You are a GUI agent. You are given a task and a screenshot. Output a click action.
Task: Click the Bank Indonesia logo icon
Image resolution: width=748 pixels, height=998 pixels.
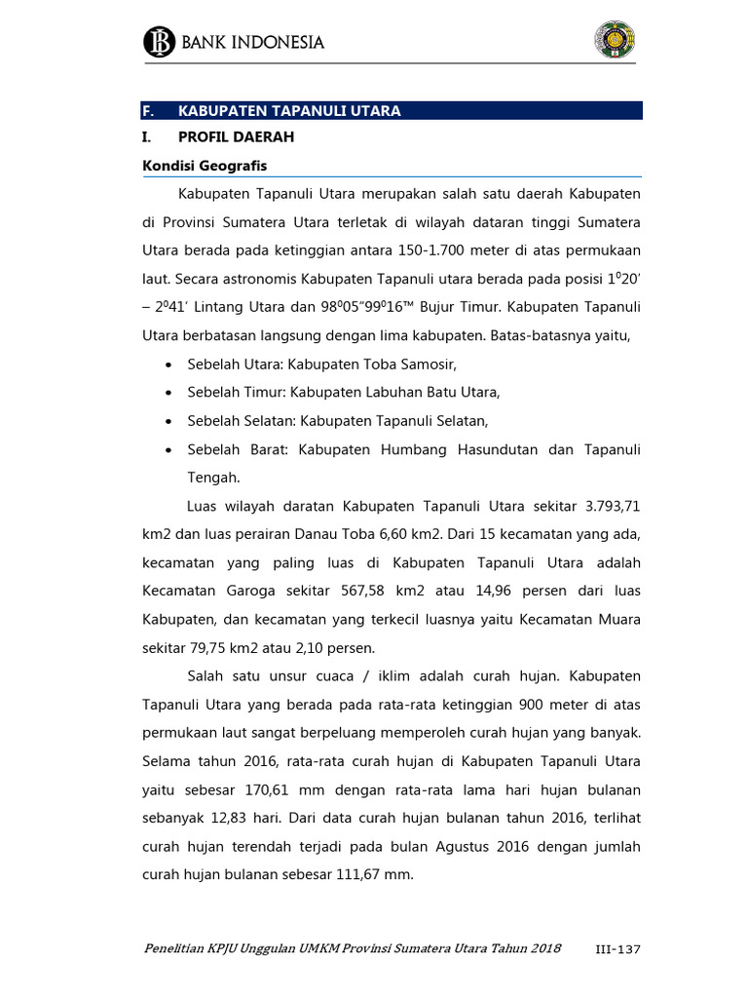pos(158,42)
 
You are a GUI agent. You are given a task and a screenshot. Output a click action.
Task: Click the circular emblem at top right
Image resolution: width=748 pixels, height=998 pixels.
pos(615,40)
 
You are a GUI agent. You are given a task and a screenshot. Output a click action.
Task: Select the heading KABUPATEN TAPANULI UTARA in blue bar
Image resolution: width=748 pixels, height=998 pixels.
pos(289,111)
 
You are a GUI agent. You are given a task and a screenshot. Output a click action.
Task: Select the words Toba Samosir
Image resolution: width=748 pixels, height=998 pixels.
pos(414,365)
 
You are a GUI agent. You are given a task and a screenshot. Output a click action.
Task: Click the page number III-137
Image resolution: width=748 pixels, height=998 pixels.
pos(616,949)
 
